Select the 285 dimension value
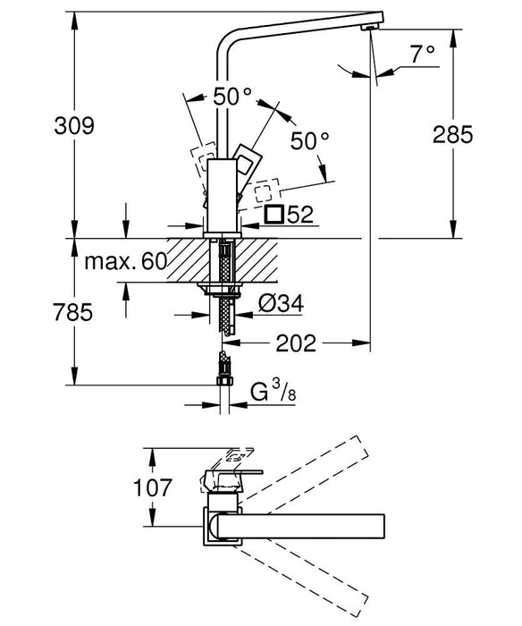click(451, 136)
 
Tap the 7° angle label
click(423, 53)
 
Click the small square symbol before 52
click(275, 216)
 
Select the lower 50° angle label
click(311, 140)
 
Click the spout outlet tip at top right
click(366, 28)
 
